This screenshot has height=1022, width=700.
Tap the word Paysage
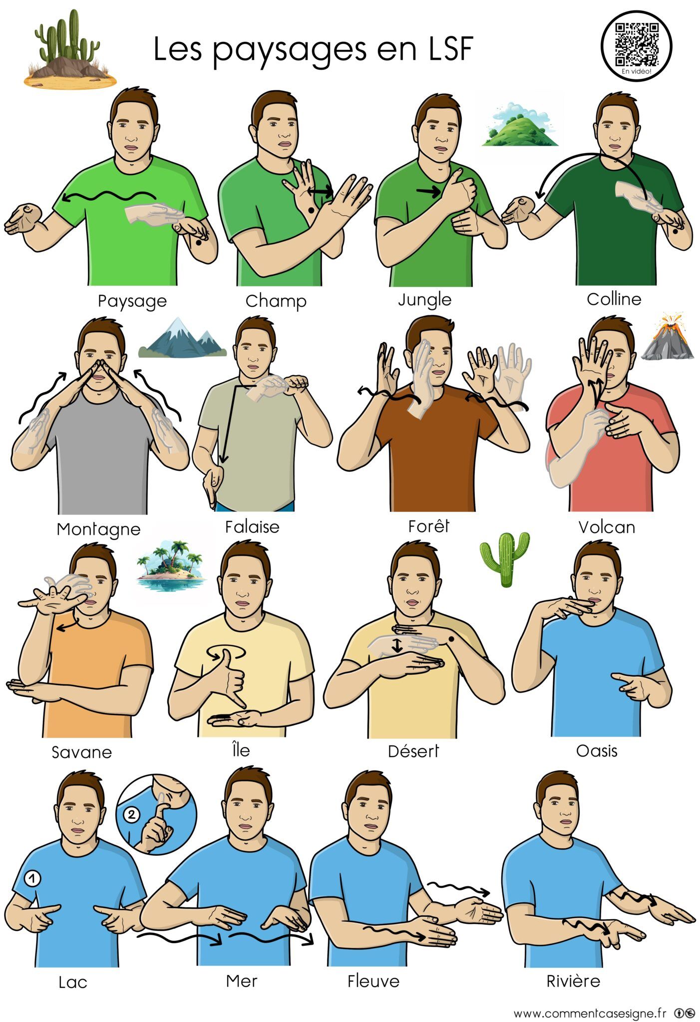point(132,301)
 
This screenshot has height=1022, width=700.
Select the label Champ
point(276,300)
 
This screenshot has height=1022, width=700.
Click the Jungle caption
point(425,299)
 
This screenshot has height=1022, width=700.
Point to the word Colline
point(614,299)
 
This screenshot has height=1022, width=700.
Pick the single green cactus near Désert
point(505,559)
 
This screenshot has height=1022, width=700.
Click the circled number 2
point(131,815)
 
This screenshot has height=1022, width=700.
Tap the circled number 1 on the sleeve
point(32,878)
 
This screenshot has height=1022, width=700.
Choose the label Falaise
point(252,526)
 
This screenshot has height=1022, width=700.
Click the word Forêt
point(428,525)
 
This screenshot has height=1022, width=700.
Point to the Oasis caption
point(597,751)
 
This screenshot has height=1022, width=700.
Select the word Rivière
point(573,981)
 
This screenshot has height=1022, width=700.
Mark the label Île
point(241,749)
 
